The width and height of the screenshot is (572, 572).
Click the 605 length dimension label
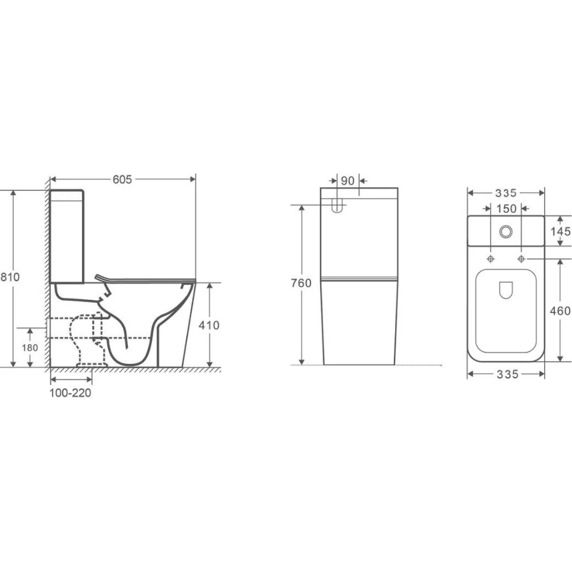122,180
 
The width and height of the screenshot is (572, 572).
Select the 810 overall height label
10,277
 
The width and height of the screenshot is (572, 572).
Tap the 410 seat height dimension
209,326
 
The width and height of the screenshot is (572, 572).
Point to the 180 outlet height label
30,347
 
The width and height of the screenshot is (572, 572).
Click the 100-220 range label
71,393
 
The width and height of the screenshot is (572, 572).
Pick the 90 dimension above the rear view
347,181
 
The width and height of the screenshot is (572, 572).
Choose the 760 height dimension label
301,283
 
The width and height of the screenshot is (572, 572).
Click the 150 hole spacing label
506,209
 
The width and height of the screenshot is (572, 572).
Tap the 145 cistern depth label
561,232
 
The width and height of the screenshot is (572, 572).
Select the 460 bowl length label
560,311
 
